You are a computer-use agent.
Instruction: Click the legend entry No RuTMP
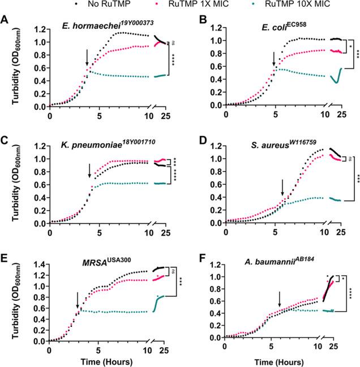pyautogui.click(x=88, y=7)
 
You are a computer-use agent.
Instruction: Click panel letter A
pyautogui.click(x=5, y=20)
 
